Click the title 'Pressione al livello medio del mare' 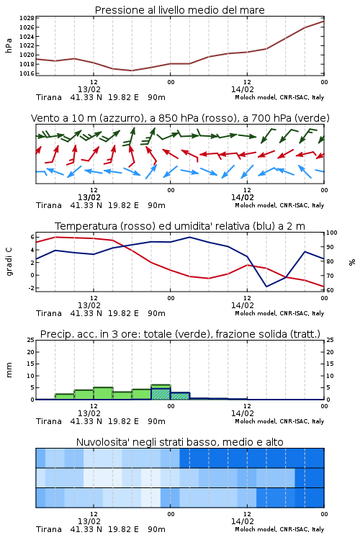click(179, 10)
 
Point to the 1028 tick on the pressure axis click(27, 18)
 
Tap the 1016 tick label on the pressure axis click(27, 73)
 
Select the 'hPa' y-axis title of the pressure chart click(9, 45)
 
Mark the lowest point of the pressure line click(132, 71)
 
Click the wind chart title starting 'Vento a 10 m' click(180, 118)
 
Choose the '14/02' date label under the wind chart click(242, 197)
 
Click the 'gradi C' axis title click(9, 262)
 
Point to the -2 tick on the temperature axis click(32, 288)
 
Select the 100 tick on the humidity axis click(332, 233)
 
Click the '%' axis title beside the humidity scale click(352, 262)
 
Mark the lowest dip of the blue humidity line click(266, 287)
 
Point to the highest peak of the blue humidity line click(189, 237)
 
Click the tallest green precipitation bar click(161, 392)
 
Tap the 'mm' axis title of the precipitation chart click(9, 369)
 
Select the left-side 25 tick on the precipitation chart click(31, 340)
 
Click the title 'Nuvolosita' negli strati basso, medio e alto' click(179, 442)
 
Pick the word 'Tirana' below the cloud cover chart click(49, 529)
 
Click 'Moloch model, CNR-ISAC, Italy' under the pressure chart click(279, 97)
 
